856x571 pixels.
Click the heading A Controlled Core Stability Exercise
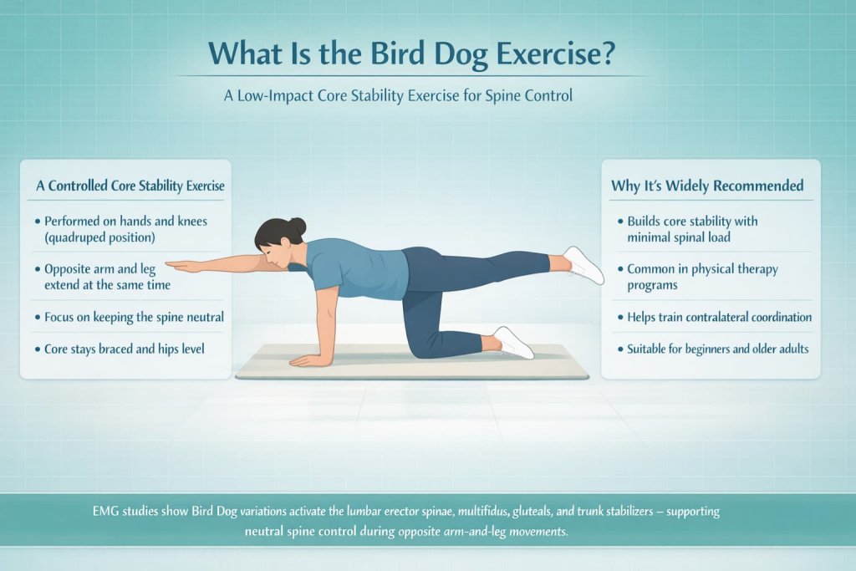130,186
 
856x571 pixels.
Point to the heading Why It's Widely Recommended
707,186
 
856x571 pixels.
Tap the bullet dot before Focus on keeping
38,318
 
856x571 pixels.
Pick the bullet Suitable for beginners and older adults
718,348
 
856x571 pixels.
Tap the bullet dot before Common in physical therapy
621,269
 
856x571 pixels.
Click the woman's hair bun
298,226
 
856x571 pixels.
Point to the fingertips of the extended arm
171,265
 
